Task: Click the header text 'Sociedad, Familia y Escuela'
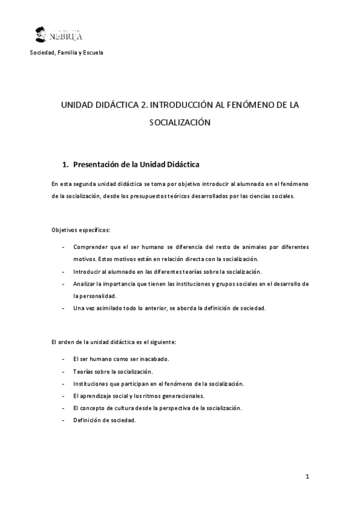[67, 53]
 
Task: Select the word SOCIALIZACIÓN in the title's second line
[180, 122]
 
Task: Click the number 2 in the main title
[142, 105]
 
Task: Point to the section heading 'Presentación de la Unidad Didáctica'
[136, 164]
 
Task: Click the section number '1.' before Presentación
[66, 164]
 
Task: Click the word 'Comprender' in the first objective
[91, 247]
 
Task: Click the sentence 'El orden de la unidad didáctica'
[114, 342]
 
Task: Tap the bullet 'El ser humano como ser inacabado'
[121, 359]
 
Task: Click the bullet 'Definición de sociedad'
[105, 420]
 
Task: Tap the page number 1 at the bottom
[307, 478]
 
